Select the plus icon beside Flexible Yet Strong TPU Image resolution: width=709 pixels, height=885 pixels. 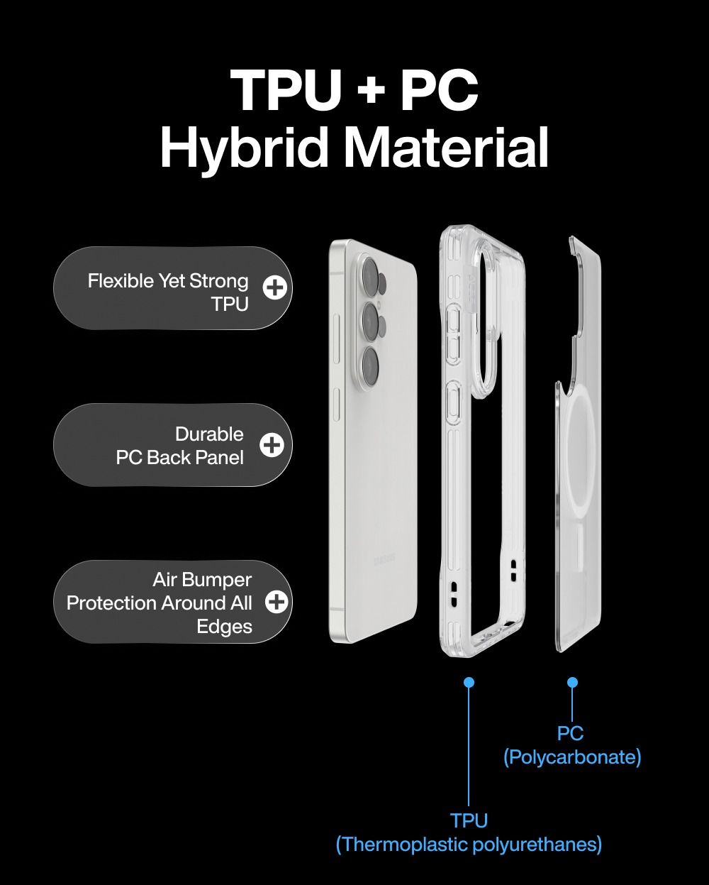(275, 287)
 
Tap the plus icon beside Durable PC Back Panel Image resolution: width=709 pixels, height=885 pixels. (272, 444)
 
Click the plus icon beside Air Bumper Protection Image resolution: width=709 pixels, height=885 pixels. (277, 602)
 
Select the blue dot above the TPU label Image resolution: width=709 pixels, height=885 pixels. (469, 682)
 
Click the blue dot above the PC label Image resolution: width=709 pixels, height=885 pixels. (572, 682)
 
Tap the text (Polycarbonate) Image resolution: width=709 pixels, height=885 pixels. (572, 757)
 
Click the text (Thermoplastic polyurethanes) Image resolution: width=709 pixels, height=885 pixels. (469, 845)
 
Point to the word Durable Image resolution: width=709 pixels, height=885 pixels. (209, 434)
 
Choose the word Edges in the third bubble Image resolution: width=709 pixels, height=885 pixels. (224, 627)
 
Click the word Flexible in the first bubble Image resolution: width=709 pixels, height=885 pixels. (121, 281)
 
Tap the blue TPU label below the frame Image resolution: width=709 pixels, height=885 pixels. (469, 820)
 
